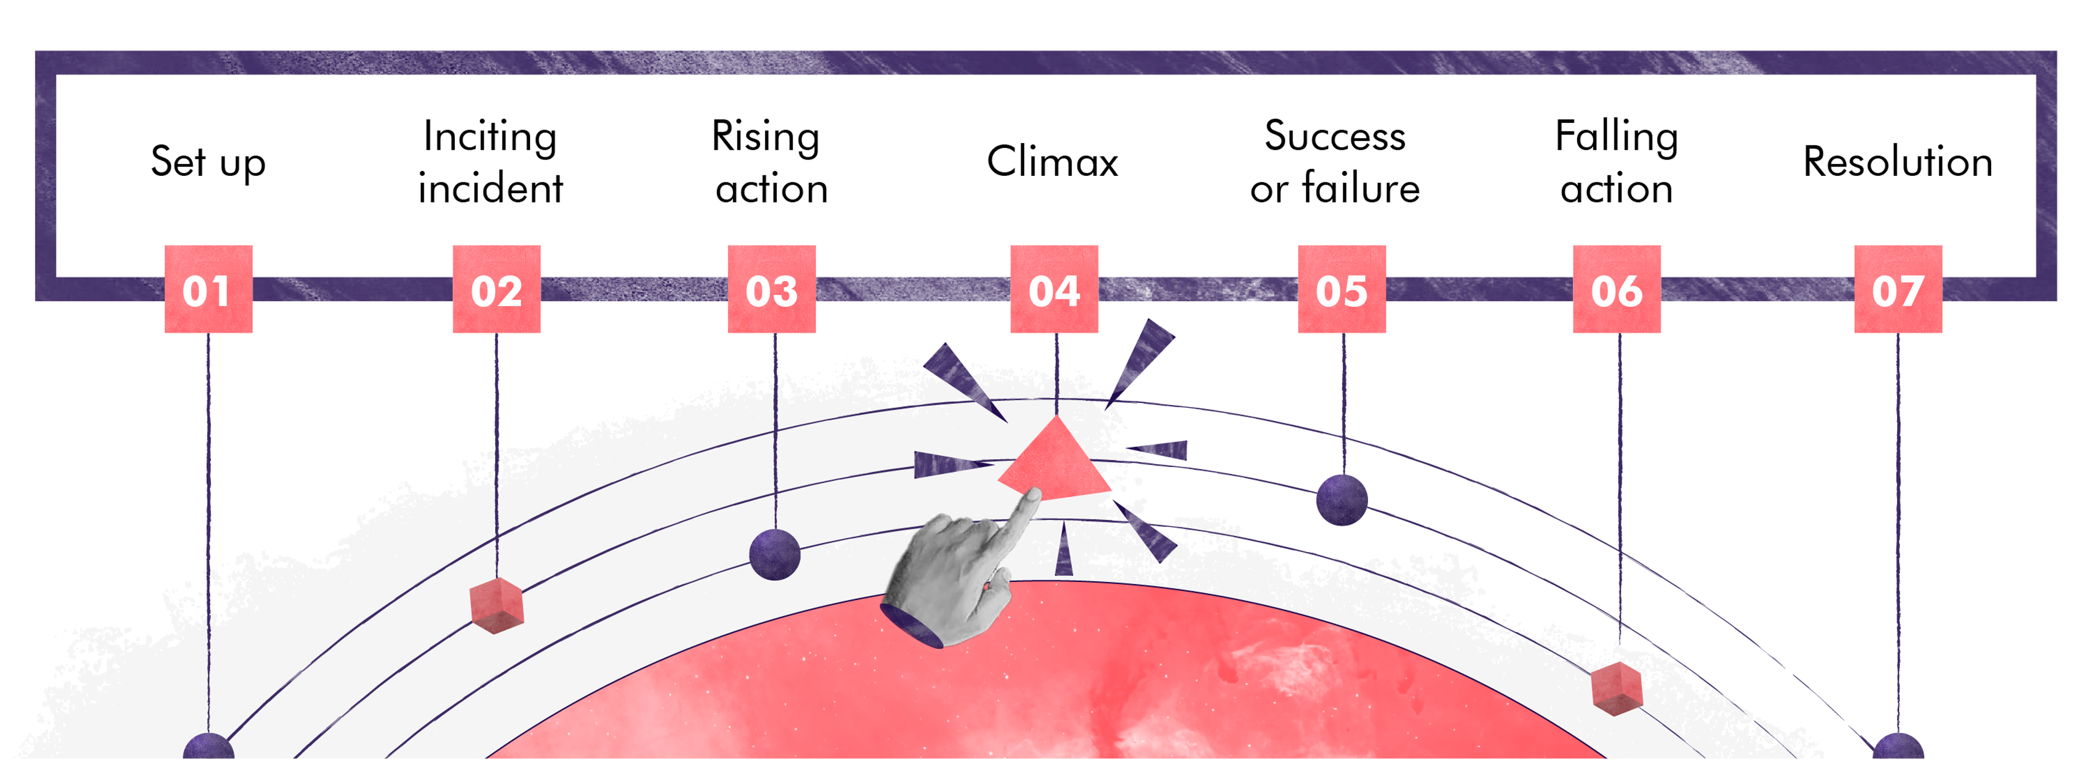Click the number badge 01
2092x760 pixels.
tap(208, 289)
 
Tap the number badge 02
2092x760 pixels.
tap(496, 289)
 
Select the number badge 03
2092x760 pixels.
tap(771, 289)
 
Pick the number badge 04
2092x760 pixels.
tap(1054, 289)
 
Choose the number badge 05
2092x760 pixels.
tap(1342, 289)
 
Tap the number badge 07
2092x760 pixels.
tap(1898, 289)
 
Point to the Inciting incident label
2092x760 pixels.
tap(490, 162)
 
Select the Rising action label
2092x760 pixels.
tap(770, 162)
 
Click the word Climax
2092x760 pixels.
tap(1053, 161)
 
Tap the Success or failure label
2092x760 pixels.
tap(1335, 162)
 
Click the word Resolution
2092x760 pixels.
tap(1898, 161)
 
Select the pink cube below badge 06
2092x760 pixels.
tap(1617, 689)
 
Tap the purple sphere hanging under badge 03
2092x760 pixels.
tap(775, 555)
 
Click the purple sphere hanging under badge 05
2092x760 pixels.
tap(1342, 499)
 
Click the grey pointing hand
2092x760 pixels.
tap(954, 580)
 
